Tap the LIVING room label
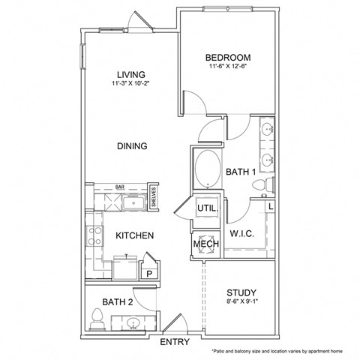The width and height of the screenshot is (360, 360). (130, 73)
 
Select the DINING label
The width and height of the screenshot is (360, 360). (131, 146)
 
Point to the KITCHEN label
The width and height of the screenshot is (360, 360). (135, 235)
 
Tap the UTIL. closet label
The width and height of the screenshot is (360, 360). (206, 208)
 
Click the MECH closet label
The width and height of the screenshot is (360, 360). (205, 244)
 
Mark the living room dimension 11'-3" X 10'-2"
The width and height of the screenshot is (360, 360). (130, 83)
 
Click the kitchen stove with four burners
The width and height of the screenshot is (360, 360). (95, 236)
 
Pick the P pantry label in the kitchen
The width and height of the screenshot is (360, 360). (148, 274)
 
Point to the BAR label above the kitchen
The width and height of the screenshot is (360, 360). (119, 187)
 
